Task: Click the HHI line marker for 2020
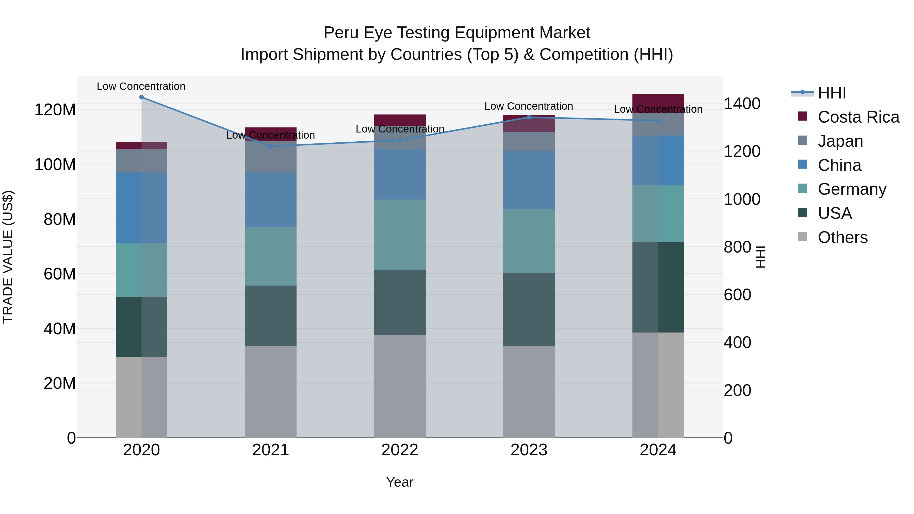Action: (x=142, y=97)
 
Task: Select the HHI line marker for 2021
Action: (x=271, y=146)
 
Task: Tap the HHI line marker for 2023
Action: (x=529, y=118)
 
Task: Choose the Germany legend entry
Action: (x=852, y=189)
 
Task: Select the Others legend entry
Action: (x=842, y=237)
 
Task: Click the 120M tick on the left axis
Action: (x=55, y=110)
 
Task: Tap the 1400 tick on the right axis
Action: (x=742, y=104)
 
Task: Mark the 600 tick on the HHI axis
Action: (x=737, y=295)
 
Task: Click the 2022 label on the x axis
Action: (x=400, y=450)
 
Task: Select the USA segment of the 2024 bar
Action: (x=658, y=287)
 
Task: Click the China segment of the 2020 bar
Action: (x=142, y=208)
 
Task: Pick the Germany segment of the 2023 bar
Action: (x=529, y=241)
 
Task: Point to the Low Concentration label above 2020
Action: (x=141, y=87)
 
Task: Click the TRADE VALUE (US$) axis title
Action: (x=8, y=257)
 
